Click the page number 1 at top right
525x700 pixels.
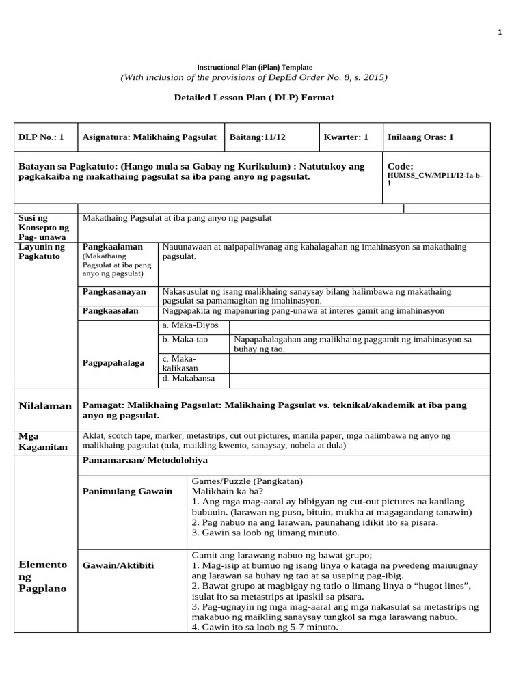(500, 32)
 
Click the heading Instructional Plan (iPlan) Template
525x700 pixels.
(255, 68)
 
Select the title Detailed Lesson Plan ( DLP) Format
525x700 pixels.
(254, 98)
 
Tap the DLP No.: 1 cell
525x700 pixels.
(41, 137)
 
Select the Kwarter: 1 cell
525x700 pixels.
(346, 137)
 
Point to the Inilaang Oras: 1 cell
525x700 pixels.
(420, 137)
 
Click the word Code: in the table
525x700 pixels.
(401, 166)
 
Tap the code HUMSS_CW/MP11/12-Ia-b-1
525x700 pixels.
(434, 180)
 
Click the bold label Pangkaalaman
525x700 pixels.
(113, 247)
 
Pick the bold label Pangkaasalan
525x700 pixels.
(111, 310)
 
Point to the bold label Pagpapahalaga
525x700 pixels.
(114, 362)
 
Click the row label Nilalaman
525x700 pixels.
(44, 406)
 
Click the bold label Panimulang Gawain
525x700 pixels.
(128, 492)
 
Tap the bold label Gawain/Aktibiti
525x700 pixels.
(118, 565)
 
